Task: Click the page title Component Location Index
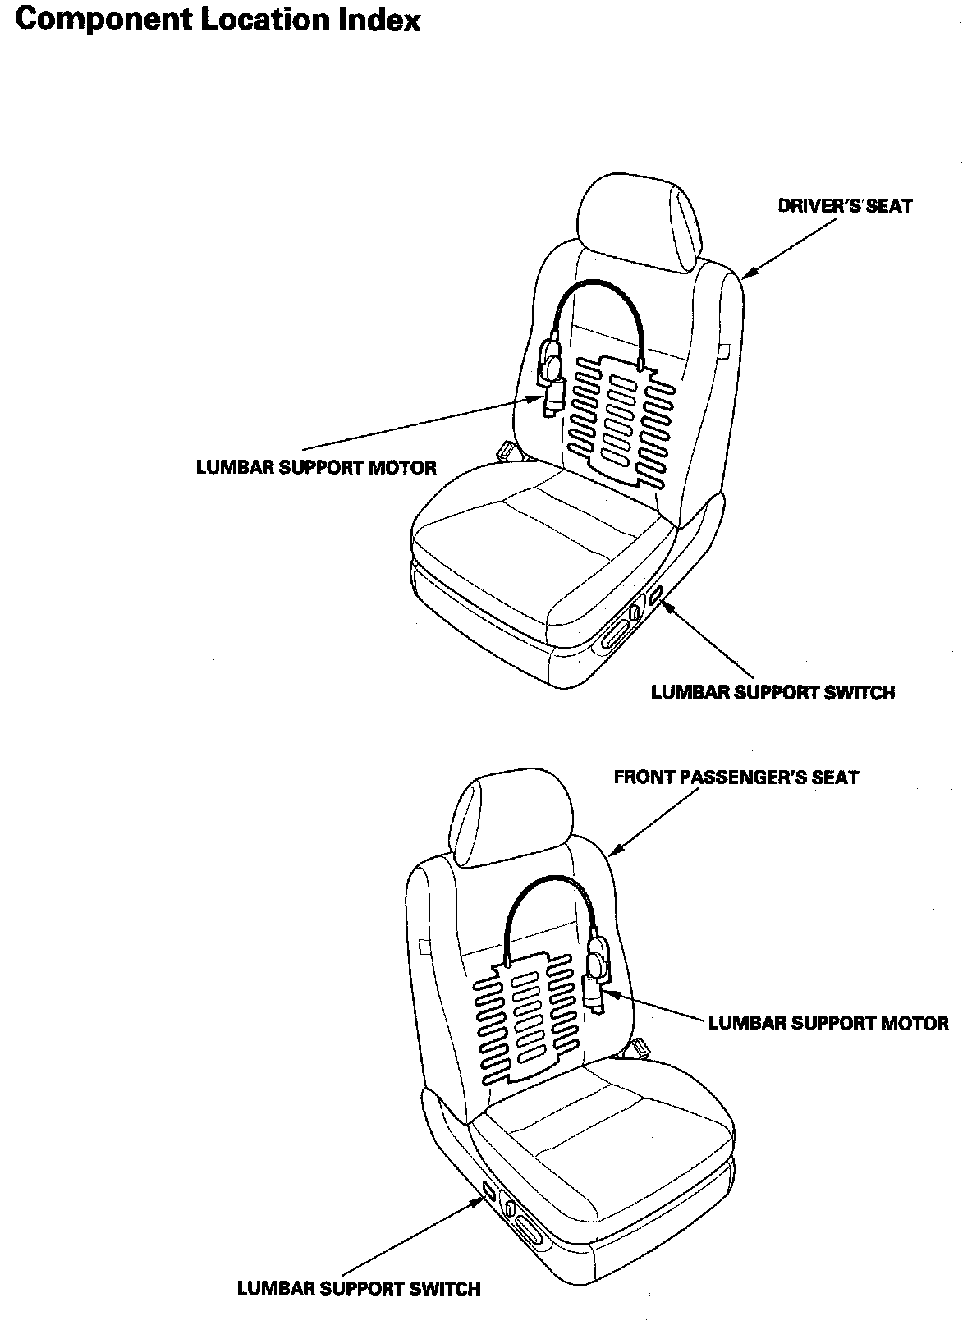(x=218, y=20)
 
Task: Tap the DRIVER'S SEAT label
(x=844, y=206)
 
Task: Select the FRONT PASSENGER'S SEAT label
(x=736, y=777)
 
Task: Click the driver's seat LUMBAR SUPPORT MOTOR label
(x=316, y=468)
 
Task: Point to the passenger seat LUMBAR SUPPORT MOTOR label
(x=828, y=1023)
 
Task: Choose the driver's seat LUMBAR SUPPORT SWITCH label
(x=772, y=692)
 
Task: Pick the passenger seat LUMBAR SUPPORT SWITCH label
(x=358, y=1288)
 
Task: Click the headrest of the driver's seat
(x=640, y=218)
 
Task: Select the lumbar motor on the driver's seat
(x=551, y=378)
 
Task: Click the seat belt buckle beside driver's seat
(x=508, y=450)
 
